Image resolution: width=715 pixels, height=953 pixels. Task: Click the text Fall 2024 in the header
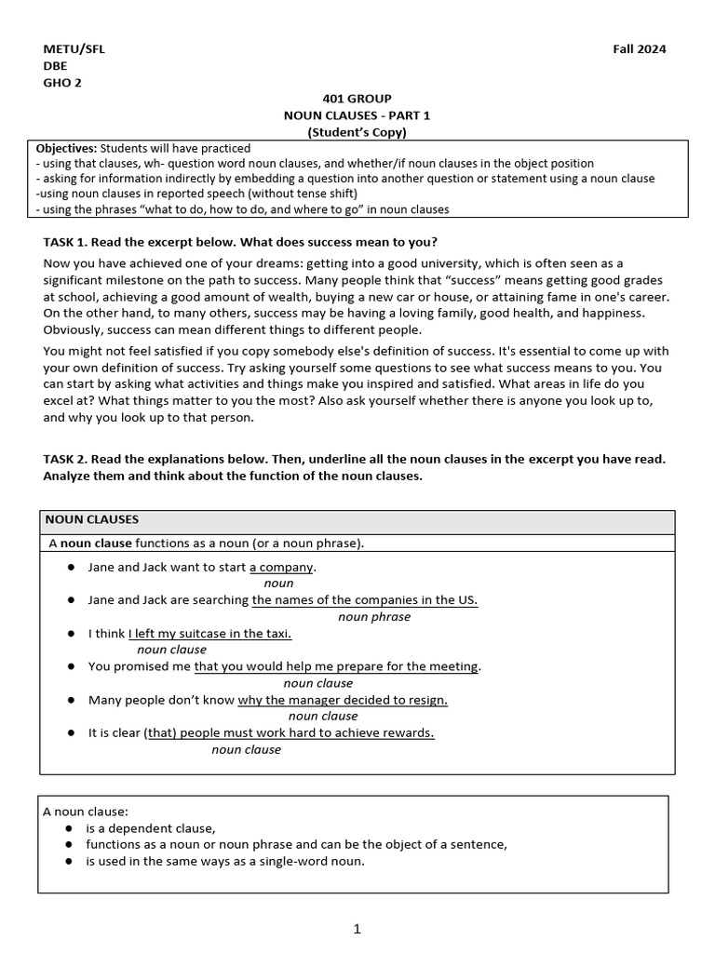[x=638, y=49]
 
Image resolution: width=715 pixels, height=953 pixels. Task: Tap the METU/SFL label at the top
[x=74, y=49]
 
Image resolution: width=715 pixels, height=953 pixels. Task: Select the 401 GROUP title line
[x=357, y=99]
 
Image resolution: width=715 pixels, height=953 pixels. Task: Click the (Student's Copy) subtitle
[x=357, y=132]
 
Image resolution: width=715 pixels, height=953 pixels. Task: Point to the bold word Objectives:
[x=66, y=148]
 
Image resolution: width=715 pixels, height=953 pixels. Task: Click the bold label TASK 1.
[x=65, y=241]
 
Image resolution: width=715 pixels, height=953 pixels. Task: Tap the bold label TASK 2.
[x=65, y=460]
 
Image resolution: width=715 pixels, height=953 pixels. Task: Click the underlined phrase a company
[x=282, y=567]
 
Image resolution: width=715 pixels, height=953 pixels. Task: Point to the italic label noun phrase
[x=374, y=616]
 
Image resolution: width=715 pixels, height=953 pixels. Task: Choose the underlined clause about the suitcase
[x=209, y=633]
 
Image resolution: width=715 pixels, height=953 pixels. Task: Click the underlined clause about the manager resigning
[x=343, y=700]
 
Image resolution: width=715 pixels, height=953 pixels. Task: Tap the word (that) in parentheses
[x=160, y=732]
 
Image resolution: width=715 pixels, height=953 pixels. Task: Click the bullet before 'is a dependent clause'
[x=71, y=828]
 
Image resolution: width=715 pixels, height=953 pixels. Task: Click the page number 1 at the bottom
[x=357, y=928]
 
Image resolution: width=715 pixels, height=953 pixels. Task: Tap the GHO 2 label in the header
[x=62, y=82]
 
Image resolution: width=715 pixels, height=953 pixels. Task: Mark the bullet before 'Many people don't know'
[x=71, y=700]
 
